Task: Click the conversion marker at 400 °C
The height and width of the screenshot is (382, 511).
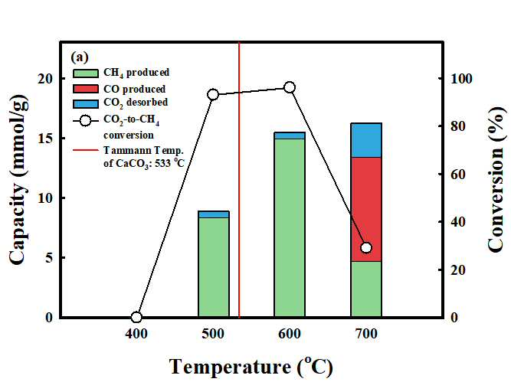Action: (136, 317)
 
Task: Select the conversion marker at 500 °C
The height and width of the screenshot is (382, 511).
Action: (213, 95)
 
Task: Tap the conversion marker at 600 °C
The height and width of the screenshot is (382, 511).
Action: (290, 87)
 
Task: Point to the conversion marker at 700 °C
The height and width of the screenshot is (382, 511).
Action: (366, 248)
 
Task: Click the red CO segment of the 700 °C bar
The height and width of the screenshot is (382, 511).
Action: (366, 210)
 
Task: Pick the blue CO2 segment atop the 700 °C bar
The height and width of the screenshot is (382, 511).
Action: (366, 140)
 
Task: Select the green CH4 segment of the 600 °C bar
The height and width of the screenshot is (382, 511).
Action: (290, 227)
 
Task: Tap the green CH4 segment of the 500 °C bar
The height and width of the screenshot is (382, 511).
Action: (214, 267)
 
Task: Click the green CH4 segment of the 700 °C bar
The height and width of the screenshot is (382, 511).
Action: (366, 289)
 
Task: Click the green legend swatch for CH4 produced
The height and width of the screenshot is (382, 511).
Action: (85, 73)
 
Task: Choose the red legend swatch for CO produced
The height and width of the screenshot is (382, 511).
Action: (85, 89)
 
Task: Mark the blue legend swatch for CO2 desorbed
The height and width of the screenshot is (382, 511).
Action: (85, 103)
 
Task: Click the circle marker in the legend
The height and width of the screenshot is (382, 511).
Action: (85, 121)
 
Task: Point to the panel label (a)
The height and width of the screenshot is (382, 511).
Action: (80, 57)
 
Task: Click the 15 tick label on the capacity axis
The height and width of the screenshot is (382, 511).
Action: (46, 139)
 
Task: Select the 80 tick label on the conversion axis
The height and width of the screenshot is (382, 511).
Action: (459, 126)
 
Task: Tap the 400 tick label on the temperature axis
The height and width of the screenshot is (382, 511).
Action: (136, 334)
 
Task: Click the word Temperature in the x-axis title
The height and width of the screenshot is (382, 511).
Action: (231, 367)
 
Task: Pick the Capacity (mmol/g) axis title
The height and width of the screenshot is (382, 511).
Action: (17, 180)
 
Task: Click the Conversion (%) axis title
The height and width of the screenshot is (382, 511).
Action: (496, 179)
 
